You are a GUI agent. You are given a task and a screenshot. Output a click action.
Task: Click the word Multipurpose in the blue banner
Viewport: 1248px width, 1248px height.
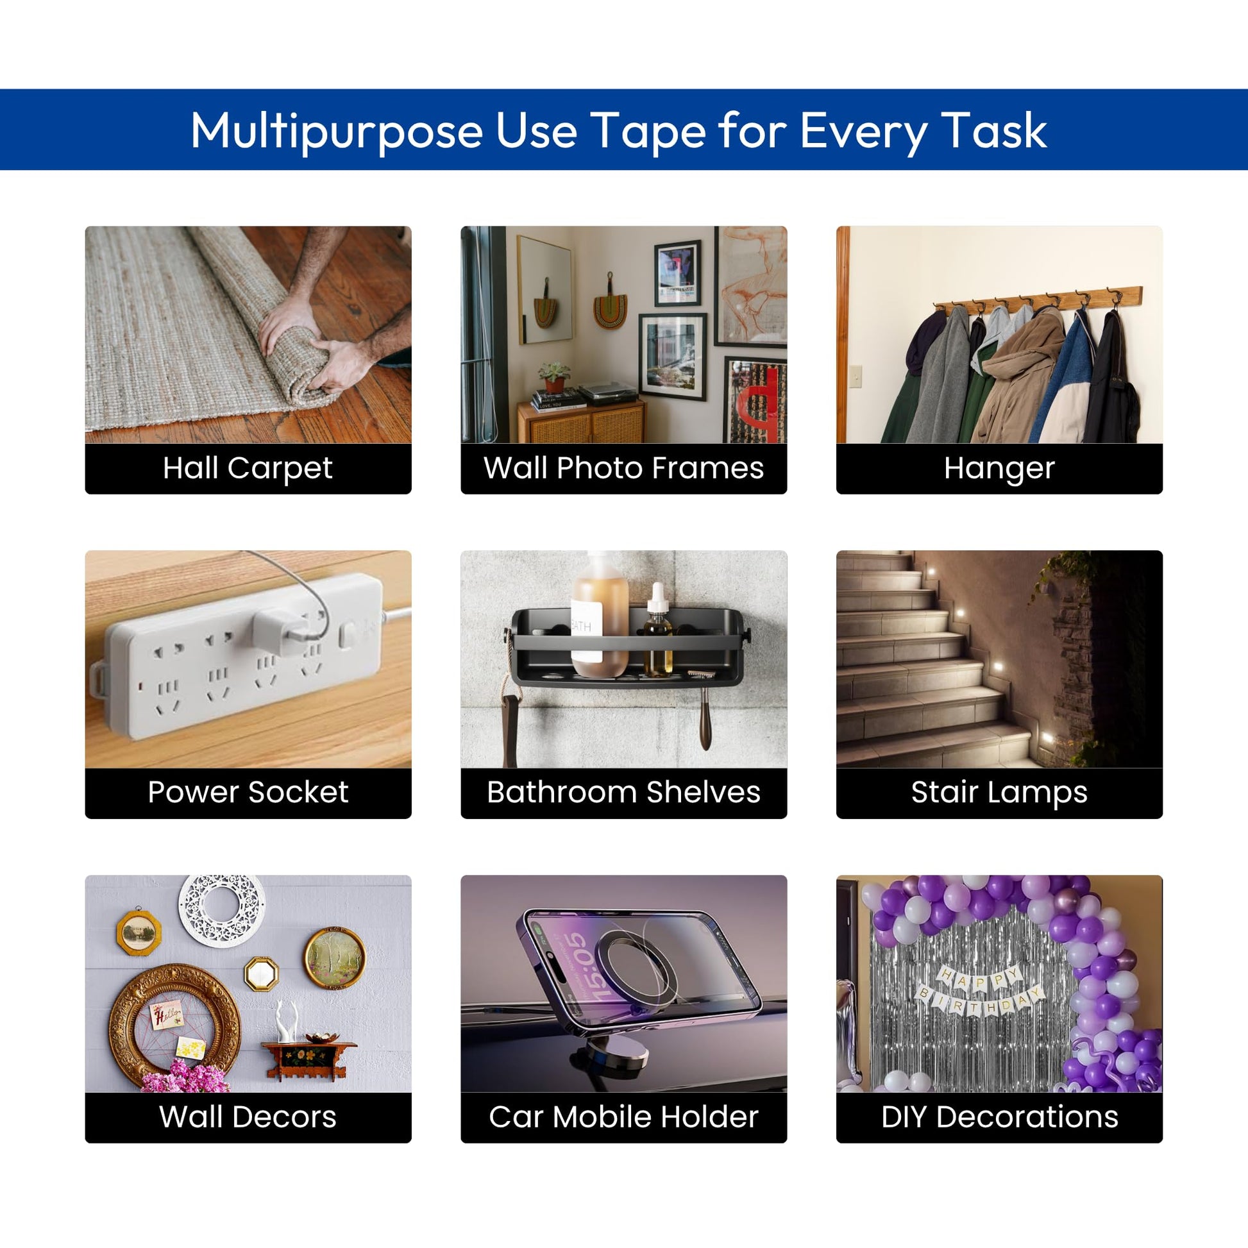tap(337, 131)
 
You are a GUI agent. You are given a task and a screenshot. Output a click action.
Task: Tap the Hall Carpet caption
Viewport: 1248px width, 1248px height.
tap(248, 468)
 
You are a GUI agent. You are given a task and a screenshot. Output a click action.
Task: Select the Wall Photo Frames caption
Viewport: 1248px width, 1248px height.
tap(623, 468)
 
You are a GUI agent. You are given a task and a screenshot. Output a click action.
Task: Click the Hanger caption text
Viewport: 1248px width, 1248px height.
tap(999, 469)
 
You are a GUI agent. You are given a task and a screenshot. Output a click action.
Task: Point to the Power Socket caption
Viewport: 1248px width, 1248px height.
tap(248, 792)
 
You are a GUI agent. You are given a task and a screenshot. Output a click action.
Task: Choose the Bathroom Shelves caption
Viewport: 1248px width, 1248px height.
tap(623, 792)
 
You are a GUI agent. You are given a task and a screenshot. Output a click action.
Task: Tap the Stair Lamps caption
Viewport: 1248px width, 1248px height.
tap(999, 793)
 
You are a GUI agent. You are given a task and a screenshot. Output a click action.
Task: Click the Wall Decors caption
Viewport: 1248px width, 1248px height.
tap(248, 1117)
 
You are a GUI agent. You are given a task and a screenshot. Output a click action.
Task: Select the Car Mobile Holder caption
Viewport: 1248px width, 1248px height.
tap(623, 1117)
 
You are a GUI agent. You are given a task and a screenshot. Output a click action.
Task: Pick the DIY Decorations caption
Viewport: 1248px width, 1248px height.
tap(999, 1117)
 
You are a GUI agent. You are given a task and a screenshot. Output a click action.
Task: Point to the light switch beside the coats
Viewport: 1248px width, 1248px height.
tap(855, 376)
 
